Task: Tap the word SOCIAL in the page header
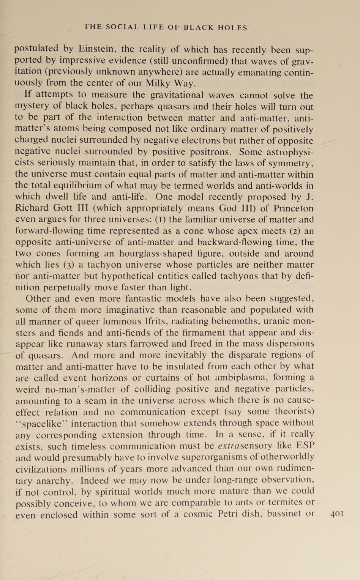click(123, 27)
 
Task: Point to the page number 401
click(337, 514)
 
